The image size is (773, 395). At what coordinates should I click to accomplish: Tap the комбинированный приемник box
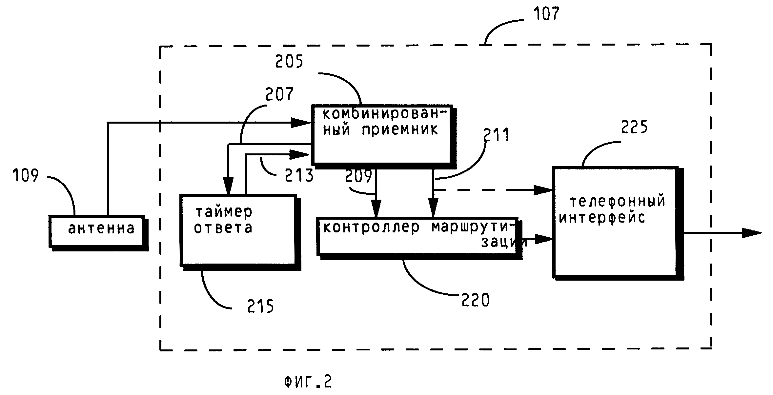[382, 134]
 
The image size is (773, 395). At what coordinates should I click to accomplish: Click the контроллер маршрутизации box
[417, 236]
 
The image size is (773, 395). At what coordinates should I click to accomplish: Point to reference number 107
[546, 14]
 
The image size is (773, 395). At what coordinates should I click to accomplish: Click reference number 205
[289, 61]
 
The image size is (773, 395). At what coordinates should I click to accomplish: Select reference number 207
[279, 94]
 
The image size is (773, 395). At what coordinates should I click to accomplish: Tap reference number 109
[26, 175]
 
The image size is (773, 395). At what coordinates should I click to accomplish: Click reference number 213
[299, 176]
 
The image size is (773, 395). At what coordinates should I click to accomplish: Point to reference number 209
[358, 176]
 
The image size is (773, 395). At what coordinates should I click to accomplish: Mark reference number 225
[634, 127]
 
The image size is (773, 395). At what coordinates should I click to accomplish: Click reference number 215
[260, 306]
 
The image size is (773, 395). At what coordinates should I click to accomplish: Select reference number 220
[475, 300]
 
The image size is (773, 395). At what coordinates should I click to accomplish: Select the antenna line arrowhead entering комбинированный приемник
[301, 123]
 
